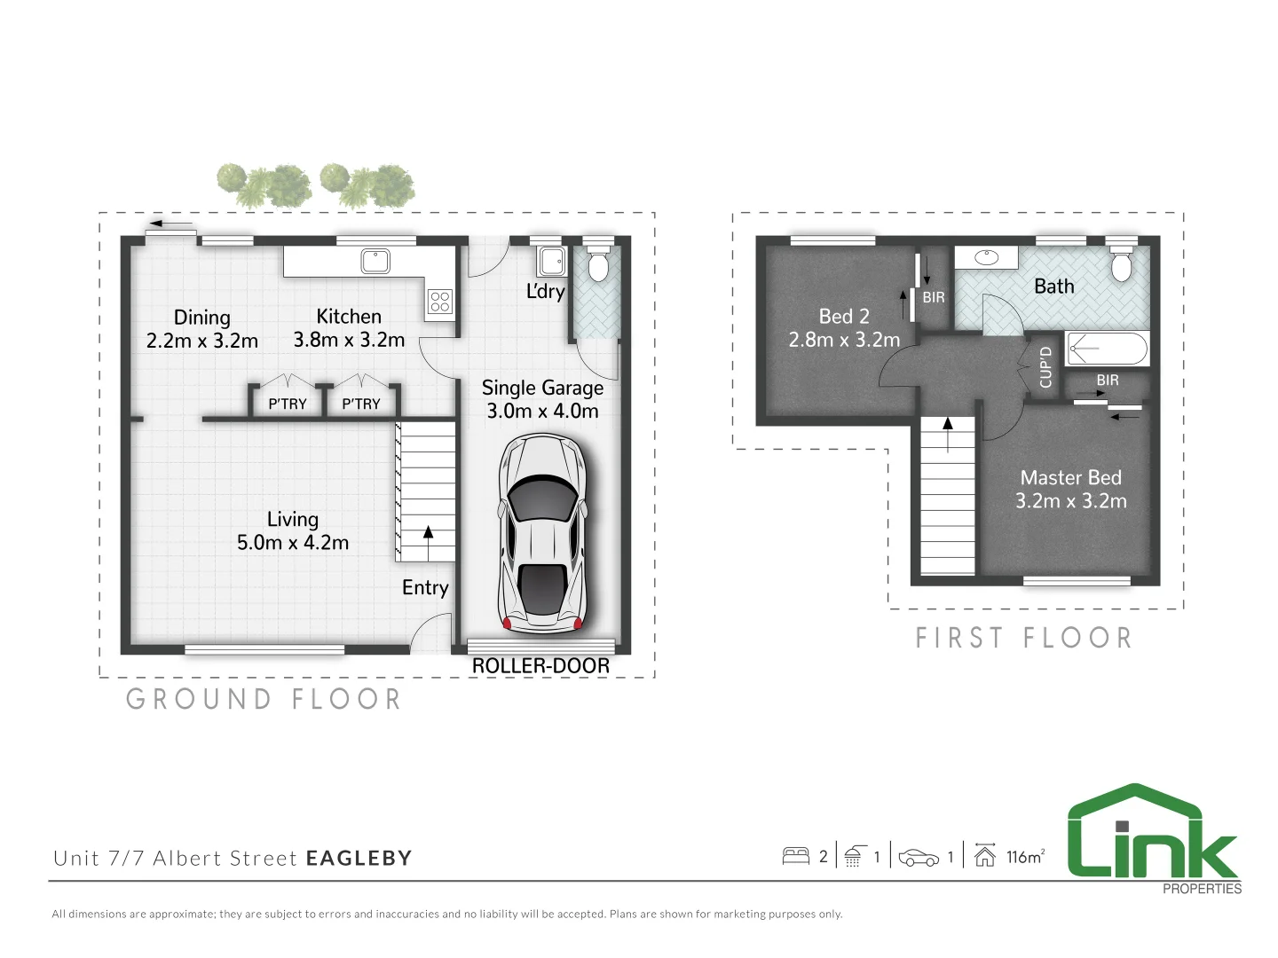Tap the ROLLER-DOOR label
pos(540,666)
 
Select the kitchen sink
pos(375,261)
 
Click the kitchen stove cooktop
pos(440,302)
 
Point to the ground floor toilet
pos(599,263)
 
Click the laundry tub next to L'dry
pos(551,262)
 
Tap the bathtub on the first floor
pos(1107,349)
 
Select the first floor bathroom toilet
pos(1121,263)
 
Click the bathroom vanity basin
pos(986,257)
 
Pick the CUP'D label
pos(1045,366)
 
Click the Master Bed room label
pos(1070,478)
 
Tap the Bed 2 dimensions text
pos(844,340)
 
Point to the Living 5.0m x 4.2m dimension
pos(293,543)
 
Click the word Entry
pos(425,588)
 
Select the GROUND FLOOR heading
pos(264,699)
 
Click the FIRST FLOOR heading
pos(1024,638)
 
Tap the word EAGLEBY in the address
pos(359,859)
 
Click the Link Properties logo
pos(1153,838)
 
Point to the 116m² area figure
pos(1024,857)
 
